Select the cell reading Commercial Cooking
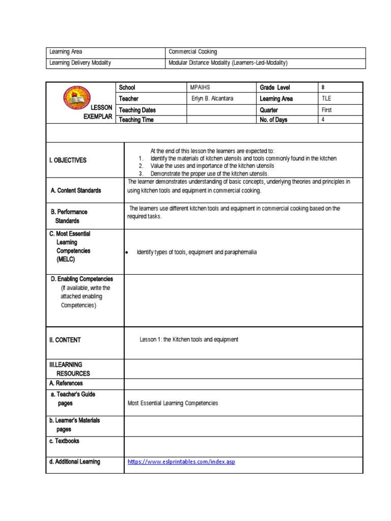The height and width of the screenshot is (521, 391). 193,52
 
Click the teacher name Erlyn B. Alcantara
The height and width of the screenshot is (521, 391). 213,99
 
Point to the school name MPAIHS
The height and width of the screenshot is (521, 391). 200,88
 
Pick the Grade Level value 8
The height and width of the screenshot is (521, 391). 323,88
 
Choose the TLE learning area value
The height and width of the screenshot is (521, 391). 326,99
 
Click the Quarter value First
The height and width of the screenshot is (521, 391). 327,110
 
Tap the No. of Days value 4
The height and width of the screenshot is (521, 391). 323,120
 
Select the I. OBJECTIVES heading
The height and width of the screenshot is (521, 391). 68,160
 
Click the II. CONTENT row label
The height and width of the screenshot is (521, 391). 65,340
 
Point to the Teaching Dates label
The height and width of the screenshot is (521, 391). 137,110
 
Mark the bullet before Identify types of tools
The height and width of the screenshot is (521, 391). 126,253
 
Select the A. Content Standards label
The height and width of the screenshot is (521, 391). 76,190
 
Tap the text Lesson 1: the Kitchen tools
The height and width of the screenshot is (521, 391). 189,339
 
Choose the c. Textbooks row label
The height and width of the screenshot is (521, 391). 64,441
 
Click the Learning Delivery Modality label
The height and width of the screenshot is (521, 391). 80,63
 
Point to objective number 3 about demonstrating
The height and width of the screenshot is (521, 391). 209,173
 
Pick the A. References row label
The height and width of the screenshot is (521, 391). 66,383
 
